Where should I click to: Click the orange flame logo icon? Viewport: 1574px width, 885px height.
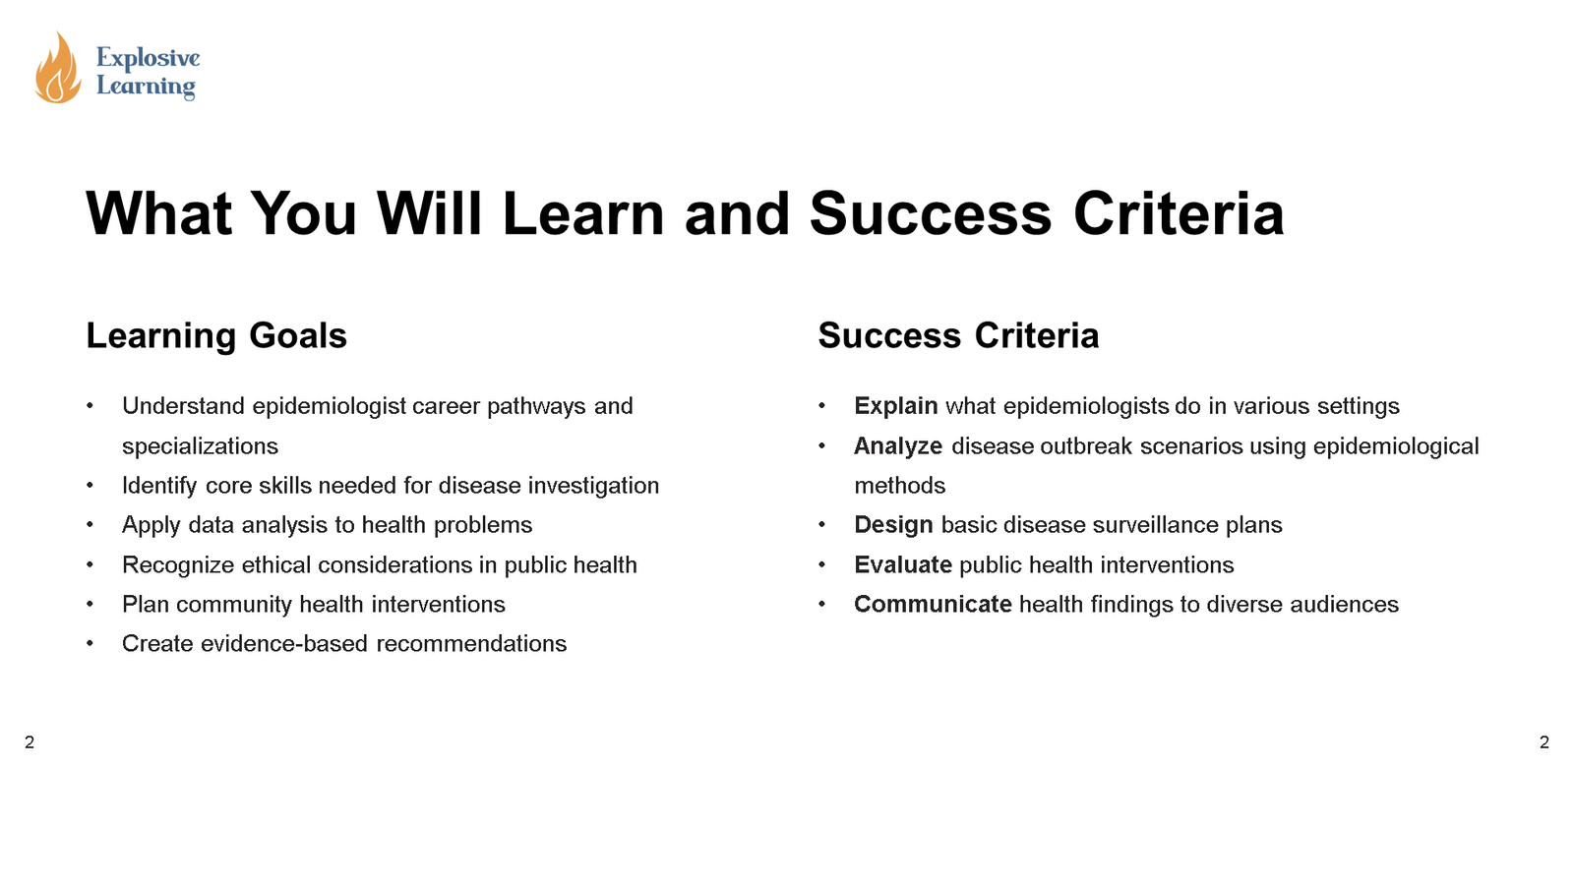[x=57, y=69]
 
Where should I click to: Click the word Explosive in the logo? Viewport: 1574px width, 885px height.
[x=148, y=58]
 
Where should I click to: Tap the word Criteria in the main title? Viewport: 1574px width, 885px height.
[x=1179, y=213]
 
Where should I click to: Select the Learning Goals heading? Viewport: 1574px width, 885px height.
[x=216, y=336]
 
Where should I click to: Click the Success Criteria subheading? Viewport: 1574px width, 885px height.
[x=958, y=336]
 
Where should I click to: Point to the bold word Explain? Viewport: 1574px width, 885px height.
[x=895, y=406]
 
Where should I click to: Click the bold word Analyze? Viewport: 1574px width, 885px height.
[x=898, y=446]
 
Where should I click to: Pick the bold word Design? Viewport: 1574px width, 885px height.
[x=893, y=525]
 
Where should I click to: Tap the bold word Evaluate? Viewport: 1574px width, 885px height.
[x=903, y=565]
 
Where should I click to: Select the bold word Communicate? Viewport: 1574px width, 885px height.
[x=933, y=605]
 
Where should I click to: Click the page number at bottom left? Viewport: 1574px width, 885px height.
[x=30, y=742]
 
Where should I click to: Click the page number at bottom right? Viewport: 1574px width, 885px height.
[x=1544, y=742]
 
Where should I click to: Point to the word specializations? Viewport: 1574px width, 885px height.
[x=200, y=446]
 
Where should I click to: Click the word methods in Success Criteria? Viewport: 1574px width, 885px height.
[x=899, y=486]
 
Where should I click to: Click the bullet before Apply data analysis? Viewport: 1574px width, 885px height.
[x=90, y=525]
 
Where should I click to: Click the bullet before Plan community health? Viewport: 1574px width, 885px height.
[x=90, y=605]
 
